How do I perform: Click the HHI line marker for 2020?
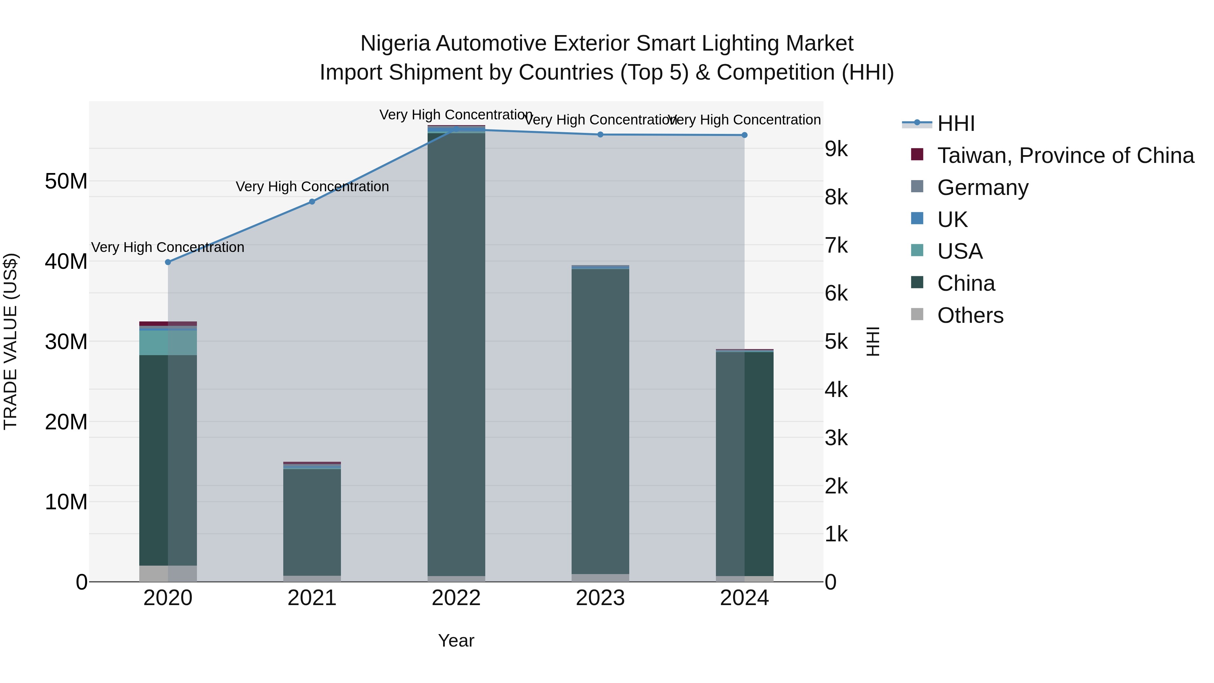click(168, 262)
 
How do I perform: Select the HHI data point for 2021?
click(312, 202)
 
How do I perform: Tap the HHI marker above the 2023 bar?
click(600, 135)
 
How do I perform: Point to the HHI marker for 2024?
click(745, 135)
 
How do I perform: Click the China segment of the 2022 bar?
click(456, 353)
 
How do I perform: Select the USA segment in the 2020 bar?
click(168, 343)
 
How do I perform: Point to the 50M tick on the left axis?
click(66, 181)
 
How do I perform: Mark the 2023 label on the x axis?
click(600, 598)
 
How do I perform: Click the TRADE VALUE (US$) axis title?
click(10, 341)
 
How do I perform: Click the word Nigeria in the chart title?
click(395, 44)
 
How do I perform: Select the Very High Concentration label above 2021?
click(312, 187)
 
